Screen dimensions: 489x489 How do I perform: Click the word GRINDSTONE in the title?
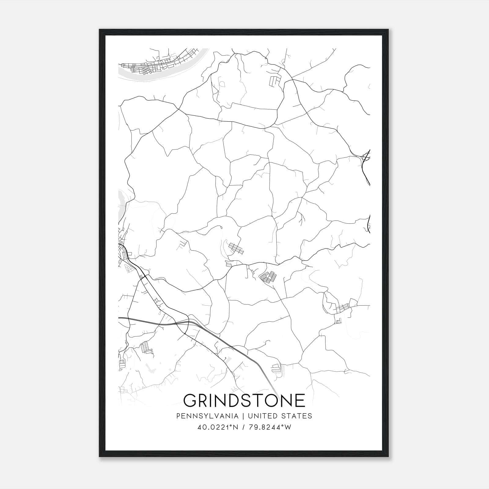tap(244, 400)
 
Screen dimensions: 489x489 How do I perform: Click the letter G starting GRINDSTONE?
tap(190, 400)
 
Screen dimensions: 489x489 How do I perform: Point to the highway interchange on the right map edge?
tap(366, 158)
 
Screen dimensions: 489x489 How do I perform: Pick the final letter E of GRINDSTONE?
tap(300, 400)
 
